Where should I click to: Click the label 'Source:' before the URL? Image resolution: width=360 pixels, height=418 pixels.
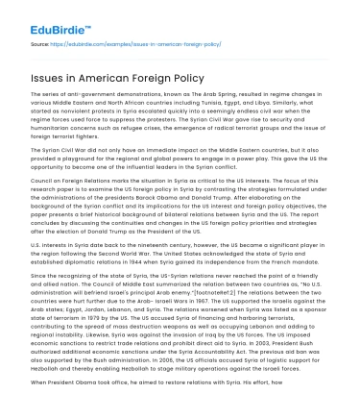(41, 44)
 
